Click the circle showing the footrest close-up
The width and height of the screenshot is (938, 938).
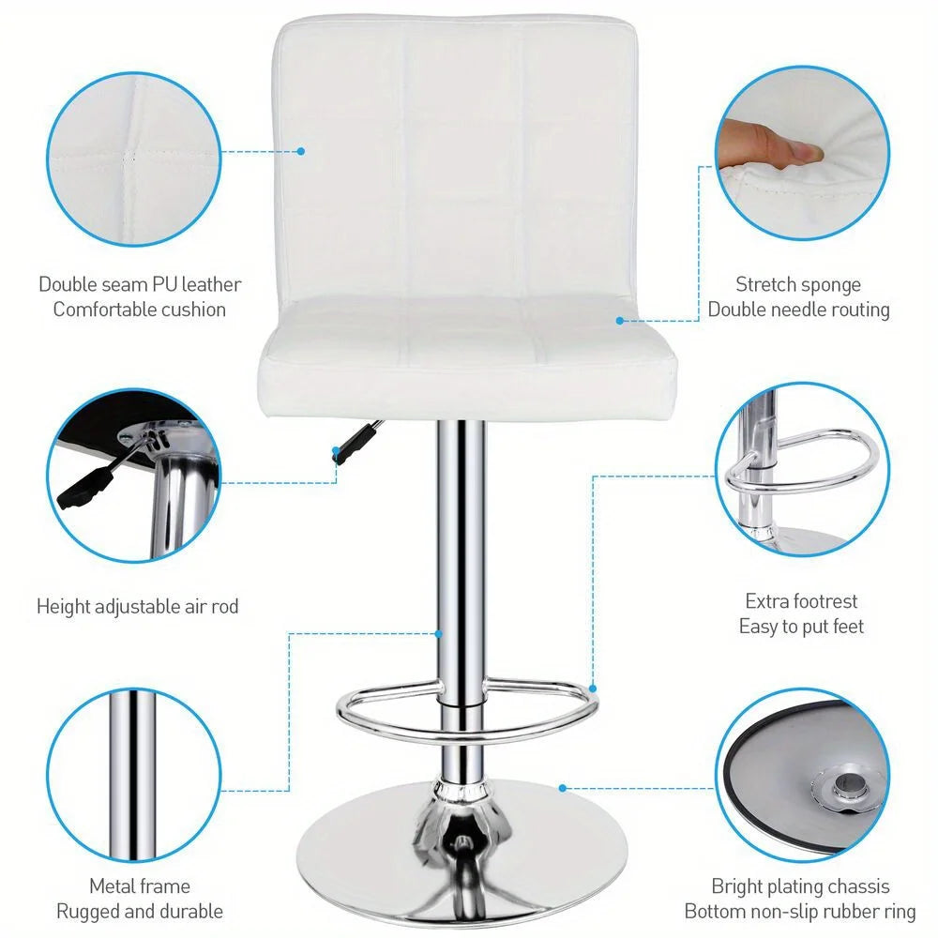[802, 468]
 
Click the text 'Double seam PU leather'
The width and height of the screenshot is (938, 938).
[140, 284]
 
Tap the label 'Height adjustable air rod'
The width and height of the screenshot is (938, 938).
[138, 607]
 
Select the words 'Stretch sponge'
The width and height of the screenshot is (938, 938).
[797, 284]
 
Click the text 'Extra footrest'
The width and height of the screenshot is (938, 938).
[801, 601]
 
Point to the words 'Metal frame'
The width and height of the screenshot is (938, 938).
[140, 886]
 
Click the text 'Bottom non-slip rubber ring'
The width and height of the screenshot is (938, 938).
[800, 911]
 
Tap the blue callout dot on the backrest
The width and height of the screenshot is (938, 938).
[301, 150]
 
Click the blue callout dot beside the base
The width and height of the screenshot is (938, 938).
[562, 787]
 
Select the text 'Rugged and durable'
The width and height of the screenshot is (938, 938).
[140, 911]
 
